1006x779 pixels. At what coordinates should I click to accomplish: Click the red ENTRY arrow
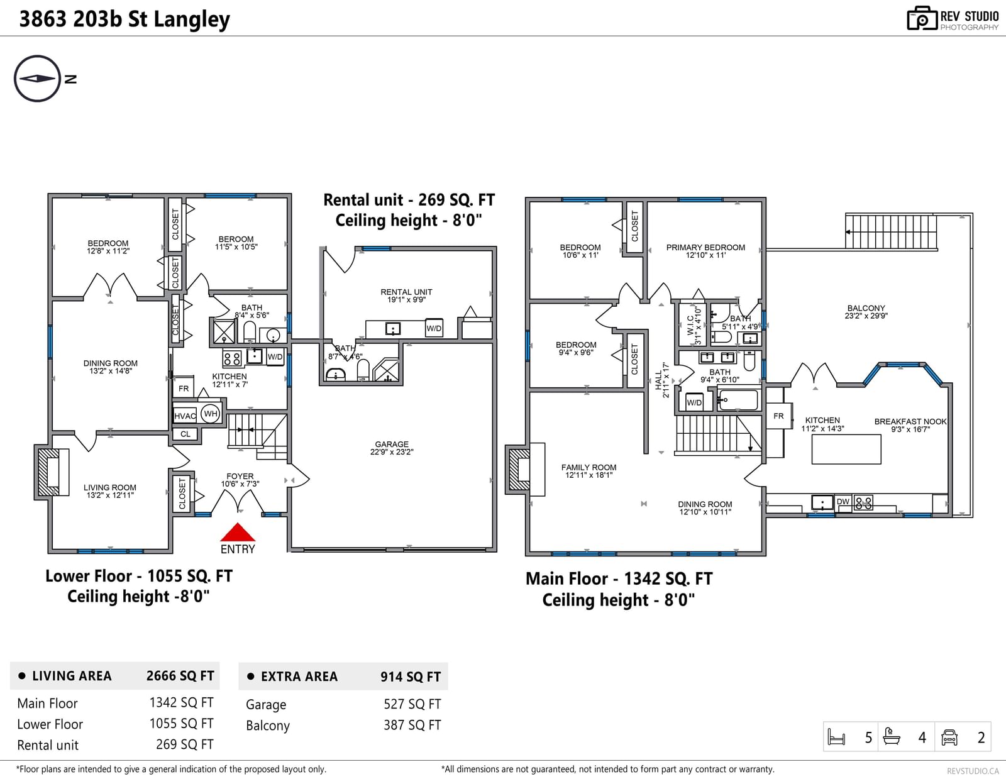point(238,533)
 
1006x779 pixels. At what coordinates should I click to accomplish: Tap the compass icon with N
point(38,79)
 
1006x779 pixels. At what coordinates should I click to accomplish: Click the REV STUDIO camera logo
point(922,18)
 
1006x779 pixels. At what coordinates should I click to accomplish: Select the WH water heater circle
point(210,413)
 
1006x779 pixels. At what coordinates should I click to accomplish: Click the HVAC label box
point(185,416)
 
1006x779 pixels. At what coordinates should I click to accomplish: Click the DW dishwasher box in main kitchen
point(843,502)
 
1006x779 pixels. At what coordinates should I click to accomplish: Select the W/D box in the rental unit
point(434,328)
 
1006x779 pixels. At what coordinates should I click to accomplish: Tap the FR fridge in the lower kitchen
point(184,389)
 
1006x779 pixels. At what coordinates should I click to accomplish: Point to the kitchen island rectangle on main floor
point(846,449)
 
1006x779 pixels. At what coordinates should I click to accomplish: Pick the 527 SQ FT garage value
point(412,704)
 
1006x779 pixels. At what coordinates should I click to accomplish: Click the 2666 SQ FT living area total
point(180,675)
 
